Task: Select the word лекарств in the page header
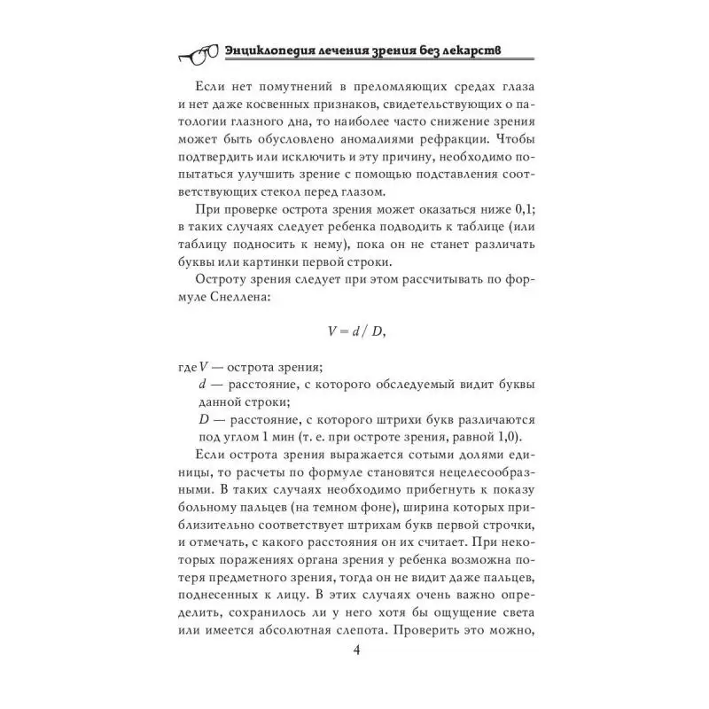[x=486, y=51]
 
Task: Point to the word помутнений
[x=283, y=105]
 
